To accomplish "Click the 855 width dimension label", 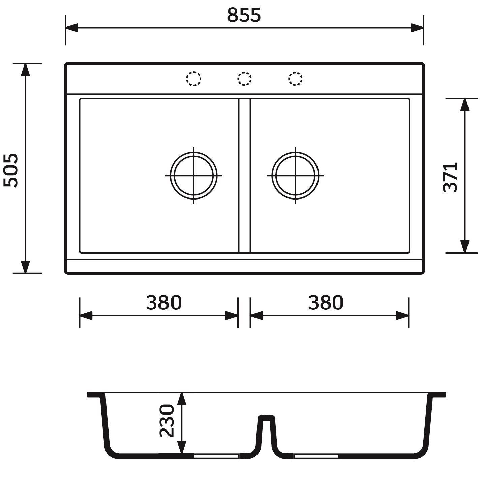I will click(x=244, y=15).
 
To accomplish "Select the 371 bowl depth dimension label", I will click(x=450, y=177).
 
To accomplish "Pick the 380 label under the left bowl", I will click(x=164, y=302).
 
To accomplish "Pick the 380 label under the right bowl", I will click(x=326, y=302).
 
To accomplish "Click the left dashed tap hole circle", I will click(x=193, y=79).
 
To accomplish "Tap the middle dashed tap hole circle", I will click(x=244, y=79).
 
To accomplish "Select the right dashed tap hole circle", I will click(x=295, y=79).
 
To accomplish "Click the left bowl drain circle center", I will click(x=193, y=176).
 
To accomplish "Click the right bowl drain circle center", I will click(x=295, y=176).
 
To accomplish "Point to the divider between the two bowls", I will click(x=244, y=176).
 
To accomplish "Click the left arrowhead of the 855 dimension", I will click(x=71, y=28).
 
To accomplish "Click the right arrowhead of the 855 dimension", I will click(x=417, y=28).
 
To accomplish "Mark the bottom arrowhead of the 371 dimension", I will click(x=465, y=246).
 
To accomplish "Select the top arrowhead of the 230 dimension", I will click(x=182, y=399).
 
